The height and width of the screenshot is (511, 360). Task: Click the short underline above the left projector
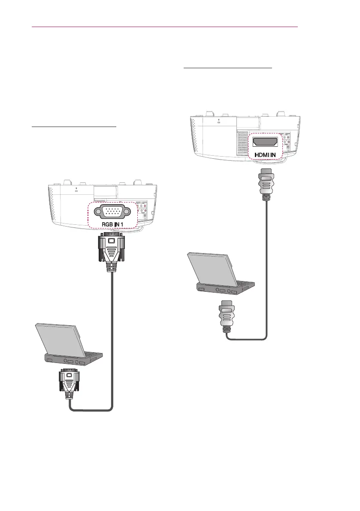74,127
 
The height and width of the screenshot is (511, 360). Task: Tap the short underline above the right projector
227,68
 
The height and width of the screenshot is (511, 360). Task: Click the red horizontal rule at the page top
165,26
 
